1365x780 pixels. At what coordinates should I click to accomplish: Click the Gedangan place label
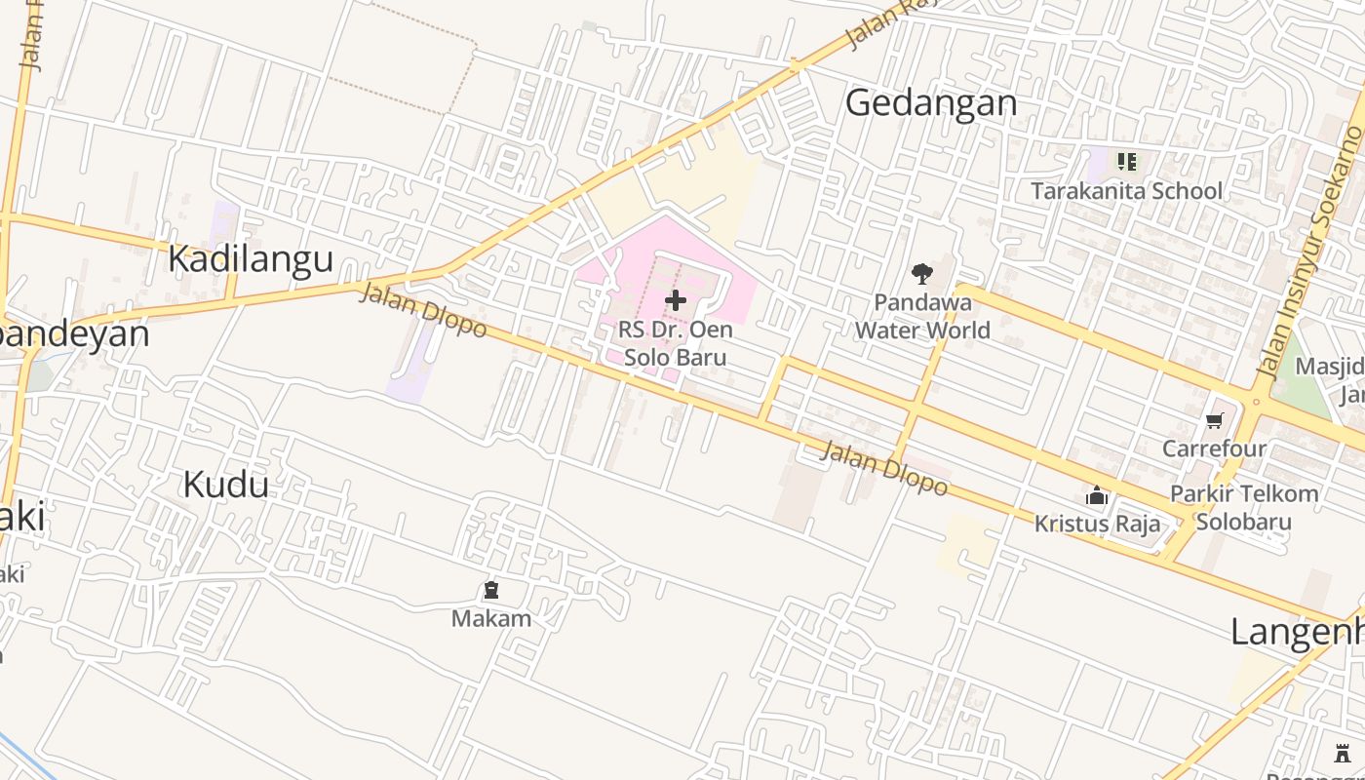[x=930, y=102]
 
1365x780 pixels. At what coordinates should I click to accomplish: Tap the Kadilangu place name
[x=251, y=259]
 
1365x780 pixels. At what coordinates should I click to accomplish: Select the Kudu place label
[x=225, y=484]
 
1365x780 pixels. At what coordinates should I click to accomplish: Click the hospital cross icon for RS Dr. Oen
[x=675, y=300]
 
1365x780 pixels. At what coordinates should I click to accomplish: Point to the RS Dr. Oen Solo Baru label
[x=675, y=343]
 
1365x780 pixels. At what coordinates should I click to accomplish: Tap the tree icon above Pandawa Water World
[x=921, y=274]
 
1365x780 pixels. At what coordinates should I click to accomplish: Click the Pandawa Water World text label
[x=922, y=316]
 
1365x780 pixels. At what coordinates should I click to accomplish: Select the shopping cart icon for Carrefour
[x=1214, y=421]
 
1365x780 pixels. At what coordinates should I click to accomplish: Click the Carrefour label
[x=1214, y=448]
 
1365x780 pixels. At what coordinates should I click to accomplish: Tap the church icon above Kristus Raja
[x=1097, y=496]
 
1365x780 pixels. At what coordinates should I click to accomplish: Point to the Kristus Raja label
[x=1097, y=524]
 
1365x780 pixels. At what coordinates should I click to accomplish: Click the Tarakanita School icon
[x=1127, y=162]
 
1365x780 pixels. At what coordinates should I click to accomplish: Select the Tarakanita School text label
[x=1126, y=191]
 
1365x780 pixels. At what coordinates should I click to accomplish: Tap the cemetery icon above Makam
[x=491, y=590]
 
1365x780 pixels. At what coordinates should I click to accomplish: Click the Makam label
[x=491, y=618]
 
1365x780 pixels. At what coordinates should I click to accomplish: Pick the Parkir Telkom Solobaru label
[x=1244, y=507]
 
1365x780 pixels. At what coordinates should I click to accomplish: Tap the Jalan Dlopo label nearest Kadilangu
[x=422, y=309]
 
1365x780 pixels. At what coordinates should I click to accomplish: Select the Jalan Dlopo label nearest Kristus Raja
[x=883, y=467]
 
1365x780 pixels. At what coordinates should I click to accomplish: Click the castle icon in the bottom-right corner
[x=1344, y=752]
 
